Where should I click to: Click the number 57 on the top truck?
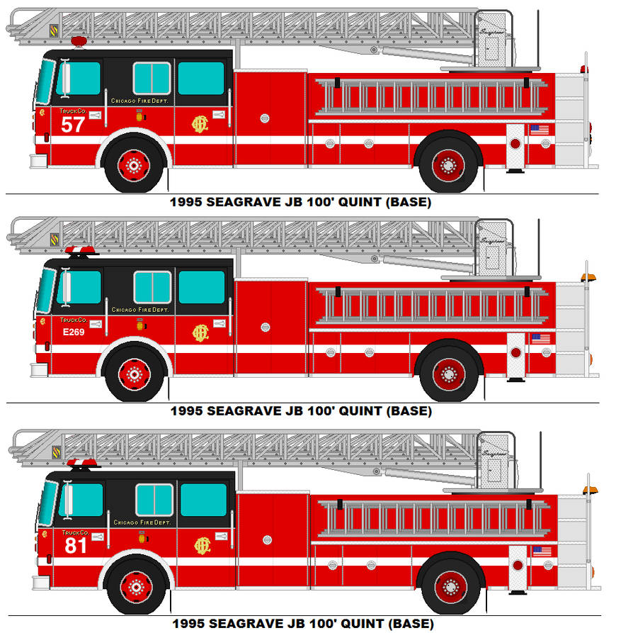point(73,125)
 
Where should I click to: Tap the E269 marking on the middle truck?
point(72,332)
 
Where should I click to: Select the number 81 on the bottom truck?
point(76,545)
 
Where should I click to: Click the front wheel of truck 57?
point(133,165)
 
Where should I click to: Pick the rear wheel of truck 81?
point(450,586)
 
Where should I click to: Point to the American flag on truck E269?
point(540,339)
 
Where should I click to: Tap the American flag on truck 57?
point(539,130)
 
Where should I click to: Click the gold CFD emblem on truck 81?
point(203,545)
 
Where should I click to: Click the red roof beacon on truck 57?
point(79,41)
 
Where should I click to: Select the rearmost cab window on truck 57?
point(201,78)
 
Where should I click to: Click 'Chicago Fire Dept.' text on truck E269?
point(139,310)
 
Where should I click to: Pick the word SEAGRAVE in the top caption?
point(242,202)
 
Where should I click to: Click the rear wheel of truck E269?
point(449,374)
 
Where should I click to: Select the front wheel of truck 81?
point(136,586)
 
